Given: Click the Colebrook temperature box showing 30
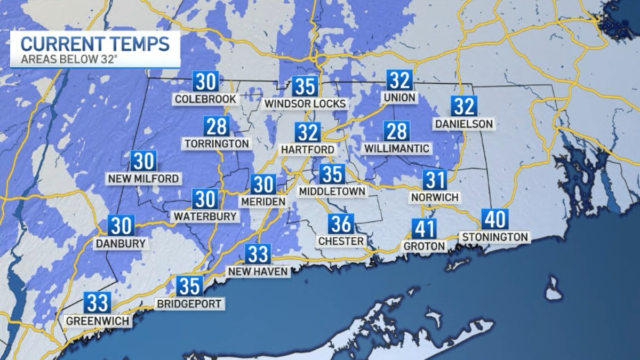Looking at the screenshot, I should click(205, 82).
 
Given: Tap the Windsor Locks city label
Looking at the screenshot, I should click(306, 103).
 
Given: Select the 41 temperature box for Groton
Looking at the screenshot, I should click(424, 229).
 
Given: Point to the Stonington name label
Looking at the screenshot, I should click(495, 237).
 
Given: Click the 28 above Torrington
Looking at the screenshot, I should click(216, 126).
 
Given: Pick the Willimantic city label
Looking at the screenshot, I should click(396, 148).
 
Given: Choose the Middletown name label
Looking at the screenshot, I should click(332, 191).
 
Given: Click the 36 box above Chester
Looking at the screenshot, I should click(341, 224).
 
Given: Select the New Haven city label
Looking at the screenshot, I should click(258, 271).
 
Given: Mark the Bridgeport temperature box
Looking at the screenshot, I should click(190, 286).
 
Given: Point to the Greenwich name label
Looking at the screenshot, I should click(97, 321).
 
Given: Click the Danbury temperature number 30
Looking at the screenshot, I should click(121, 226).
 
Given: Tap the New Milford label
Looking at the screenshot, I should click(143, 178).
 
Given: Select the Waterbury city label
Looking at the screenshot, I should click(205, 216).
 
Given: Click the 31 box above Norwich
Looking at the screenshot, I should click(435, 180).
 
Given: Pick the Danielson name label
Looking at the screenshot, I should click(463, 124).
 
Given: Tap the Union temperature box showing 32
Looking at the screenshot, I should click(399, 80).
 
